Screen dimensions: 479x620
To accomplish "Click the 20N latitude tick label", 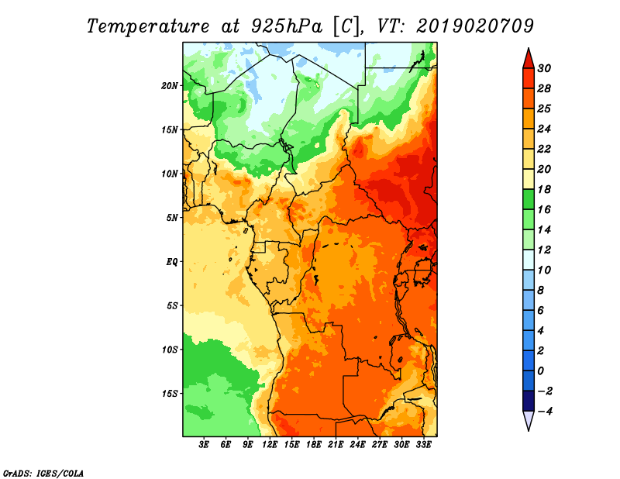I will point(170,85).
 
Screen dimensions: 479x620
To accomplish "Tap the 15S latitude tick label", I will point(170,393).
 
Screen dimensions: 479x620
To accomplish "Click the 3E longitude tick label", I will point(205,445).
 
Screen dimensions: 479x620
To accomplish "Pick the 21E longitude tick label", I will point(336,445).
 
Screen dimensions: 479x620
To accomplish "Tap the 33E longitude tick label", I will point(424,445).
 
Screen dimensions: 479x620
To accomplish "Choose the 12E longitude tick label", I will point(270,445).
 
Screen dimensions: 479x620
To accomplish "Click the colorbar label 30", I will point(544,68).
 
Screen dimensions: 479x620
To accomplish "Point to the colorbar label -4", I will point(544,411).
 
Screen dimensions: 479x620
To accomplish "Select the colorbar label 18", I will point(544,189).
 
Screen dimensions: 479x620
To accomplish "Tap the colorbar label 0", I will point(542,370).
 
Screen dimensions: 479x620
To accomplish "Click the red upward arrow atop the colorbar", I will point(527,57).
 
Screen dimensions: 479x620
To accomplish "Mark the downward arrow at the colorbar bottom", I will point(527,421).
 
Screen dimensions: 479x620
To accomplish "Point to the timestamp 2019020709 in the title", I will point(475,26).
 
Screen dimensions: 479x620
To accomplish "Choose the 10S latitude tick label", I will point(170,350).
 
